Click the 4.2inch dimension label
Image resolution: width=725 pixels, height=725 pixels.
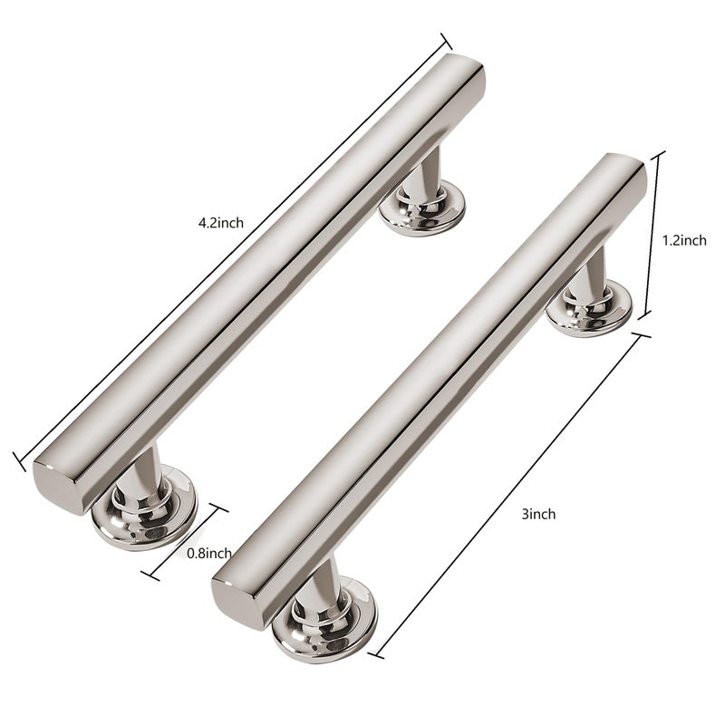tap(221, 223)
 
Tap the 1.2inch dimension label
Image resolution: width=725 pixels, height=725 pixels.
tap(684, 240)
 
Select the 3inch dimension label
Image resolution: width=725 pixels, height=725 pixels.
tap(538, 514)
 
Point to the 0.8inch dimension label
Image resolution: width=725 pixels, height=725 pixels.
tap(209, 553)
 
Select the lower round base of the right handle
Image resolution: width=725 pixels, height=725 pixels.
tap(324, 619)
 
